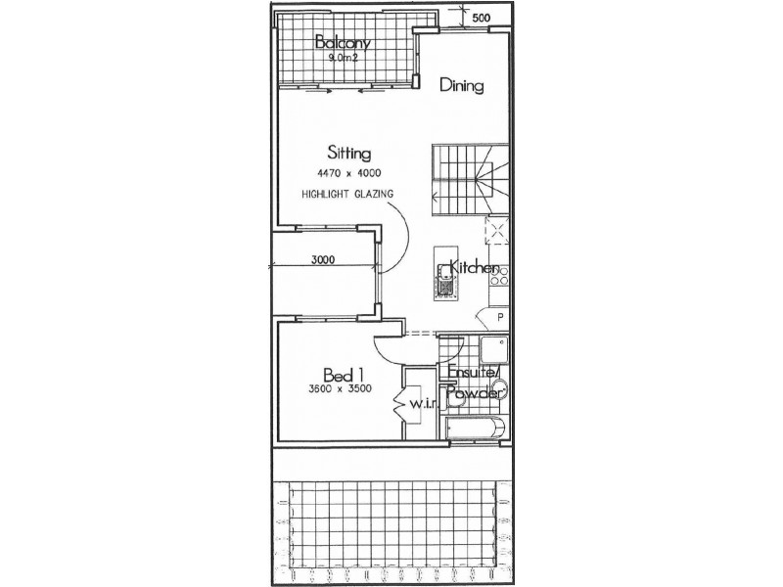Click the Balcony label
(x=341, y=42)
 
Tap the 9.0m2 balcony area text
(x=341, y=58)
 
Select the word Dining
(x=461, y=85)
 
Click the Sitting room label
(x=347, y=154)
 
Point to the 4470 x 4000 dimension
(x=347, y=173)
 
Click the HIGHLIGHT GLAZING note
(x=347, y=194)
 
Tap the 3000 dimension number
(x=325, y=260)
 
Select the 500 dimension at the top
(x=481, y=18)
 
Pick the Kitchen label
(x=475, y=269)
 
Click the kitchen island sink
(x=444, y=286)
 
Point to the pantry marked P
(x=499, y=317)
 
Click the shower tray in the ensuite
(x=493, y=349)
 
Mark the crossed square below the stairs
(x=496, y=232)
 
